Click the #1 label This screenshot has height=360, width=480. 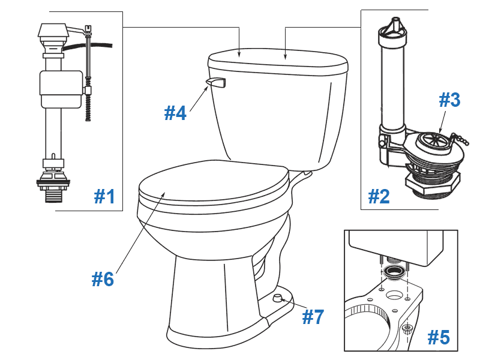click(105, 196)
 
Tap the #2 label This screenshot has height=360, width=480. click(379, 196)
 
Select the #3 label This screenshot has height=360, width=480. click(449, 100)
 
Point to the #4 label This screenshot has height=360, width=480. click(175, 112)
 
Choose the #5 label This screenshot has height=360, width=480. click(438, 337)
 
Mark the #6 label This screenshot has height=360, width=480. click(103, 278)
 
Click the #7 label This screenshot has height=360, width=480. click(313, 316)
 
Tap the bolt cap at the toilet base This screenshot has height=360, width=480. click(277, 298)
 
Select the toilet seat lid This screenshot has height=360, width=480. click(210, 180)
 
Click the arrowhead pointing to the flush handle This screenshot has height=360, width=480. click(207, 88)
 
